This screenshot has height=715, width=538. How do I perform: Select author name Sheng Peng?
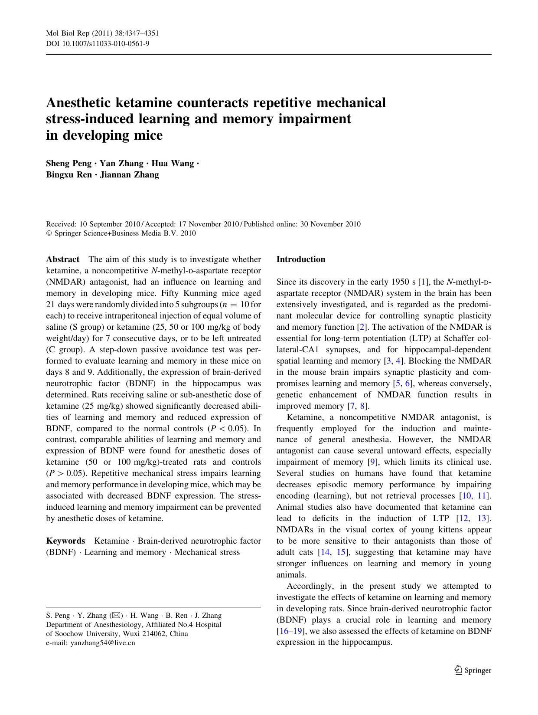coord(68,164)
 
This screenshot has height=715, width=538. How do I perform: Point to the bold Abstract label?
coord(63,259)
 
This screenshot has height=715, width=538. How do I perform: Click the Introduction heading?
coord(301,259)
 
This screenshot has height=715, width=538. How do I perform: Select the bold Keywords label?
coord(65,541)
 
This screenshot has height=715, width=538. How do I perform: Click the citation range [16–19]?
coord(290,632)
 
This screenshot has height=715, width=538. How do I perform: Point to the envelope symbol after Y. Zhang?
coord(116,615)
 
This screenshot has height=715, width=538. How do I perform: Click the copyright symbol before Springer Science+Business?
coord(49,233)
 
